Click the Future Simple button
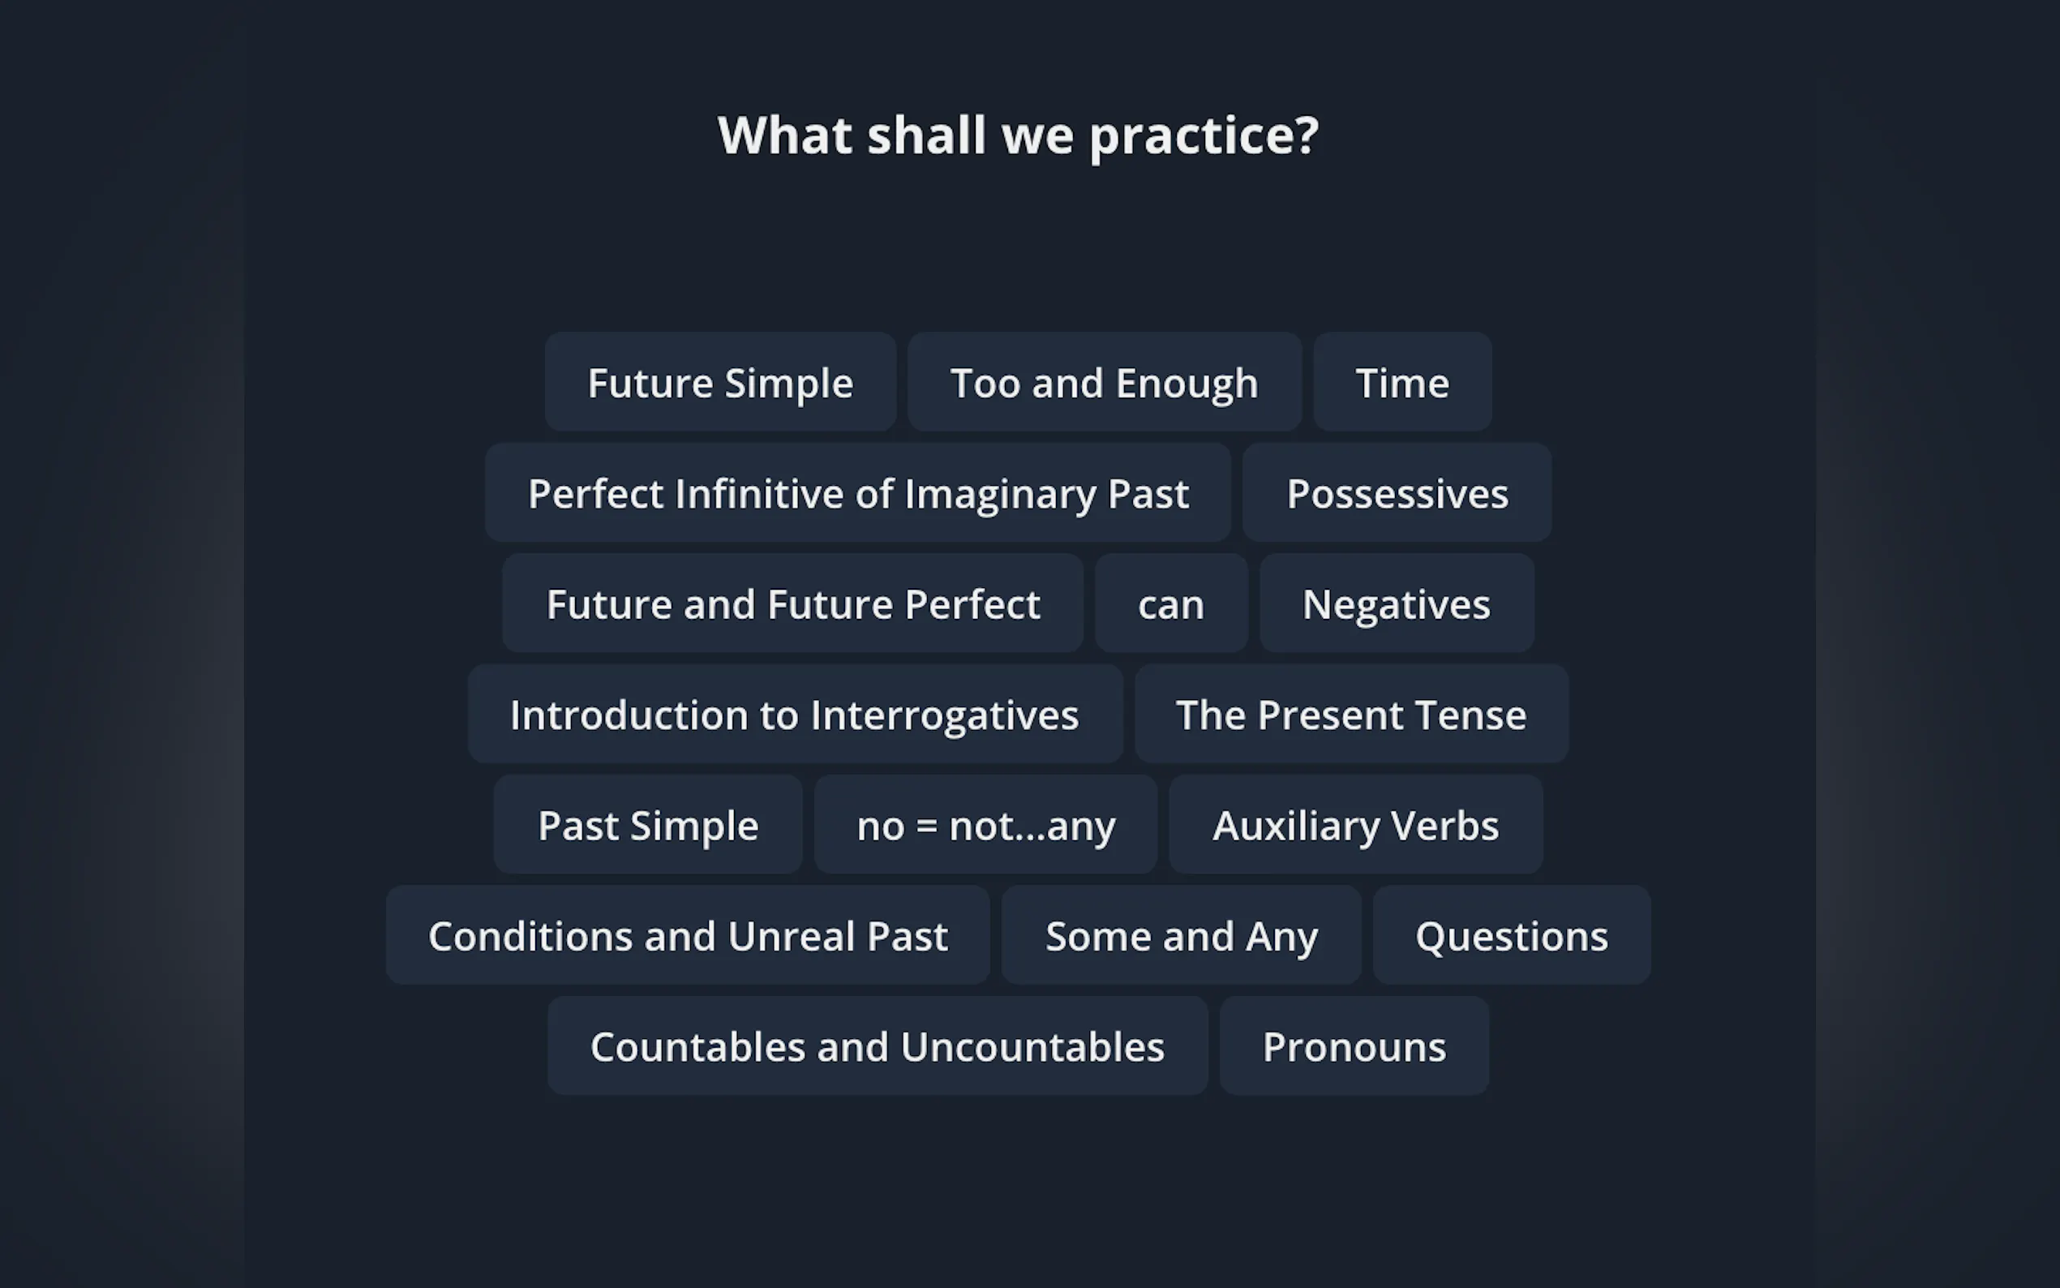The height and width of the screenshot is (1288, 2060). tap(720, 383)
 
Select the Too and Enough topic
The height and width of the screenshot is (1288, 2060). tap(1105, 383)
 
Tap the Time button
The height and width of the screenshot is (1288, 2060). tap(1402, 383)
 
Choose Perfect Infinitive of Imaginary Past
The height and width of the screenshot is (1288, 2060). tap(858, 493)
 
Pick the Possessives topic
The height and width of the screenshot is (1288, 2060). tap(1397, 493)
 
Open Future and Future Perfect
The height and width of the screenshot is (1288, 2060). tap(793, 604)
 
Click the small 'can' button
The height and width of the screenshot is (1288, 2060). tap(1172, 604)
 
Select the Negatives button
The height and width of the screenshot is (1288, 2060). tap(1397, 604)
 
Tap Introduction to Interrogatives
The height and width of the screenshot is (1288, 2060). tap(796, 715)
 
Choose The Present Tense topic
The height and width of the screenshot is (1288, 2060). tap(1351, 715)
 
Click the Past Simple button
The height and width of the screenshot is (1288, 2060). tap(648, 826)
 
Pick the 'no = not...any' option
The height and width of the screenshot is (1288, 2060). tap(986, 826)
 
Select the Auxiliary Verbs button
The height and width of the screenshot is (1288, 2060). tap(1356, 826)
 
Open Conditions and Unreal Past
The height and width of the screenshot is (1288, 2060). tap(688, 936)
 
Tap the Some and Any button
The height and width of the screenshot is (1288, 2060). tap(1182, 936)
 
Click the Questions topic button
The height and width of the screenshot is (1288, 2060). tap(1513, 936)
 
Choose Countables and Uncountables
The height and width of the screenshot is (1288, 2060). tap(878, 1047)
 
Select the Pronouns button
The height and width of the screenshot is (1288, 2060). tap(1355, 1047)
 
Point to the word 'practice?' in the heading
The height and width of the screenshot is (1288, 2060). tap(1204, 137)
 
